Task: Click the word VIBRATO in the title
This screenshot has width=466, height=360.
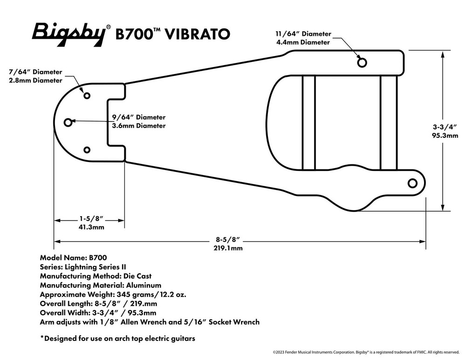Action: pyautogui.click(x=197, y=34)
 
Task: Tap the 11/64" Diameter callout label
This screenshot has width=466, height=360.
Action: pyautogui.click(x=303, y=34)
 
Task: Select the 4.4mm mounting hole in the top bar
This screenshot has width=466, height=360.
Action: pyautogui.click(x=362, y=63)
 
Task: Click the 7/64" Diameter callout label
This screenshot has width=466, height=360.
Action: pyautogui.click(x=35, y=72)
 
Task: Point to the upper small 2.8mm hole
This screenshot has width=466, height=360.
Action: pyautogui.click(x=87, y=95)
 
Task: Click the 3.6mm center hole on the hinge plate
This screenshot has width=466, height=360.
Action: pyautogui.click(x=68, y=122)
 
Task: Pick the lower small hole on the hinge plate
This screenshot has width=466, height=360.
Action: pyautogui.click(x=87, y=149)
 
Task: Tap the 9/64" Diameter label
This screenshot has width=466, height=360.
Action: pyautogui.click(x=139, y=117)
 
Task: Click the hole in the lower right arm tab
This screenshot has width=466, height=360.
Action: pyautogui.click(x=412, y=183)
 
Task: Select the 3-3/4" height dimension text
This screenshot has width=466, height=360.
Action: pyautogui.click(x=445, y=127)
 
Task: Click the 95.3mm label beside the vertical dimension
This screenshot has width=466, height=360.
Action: pyautogui.click(x=445, y=136)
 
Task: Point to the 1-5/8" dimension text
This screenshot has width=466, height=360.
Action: pyautogui.click(x=91, y=219)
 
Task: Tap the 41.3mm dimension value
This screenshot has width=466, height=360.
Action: pyautogui.click(x=91, y=227)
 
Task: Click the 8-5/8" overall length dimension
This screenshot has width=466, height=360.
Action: pyautogui.click(x=228, y=239)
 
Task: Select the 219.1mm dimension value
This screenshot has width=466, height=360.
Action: pyautogui.click(x=228, y=248)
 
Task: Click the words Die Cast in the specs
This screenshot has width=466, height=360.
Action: pyautogui.click(x=137, y=276)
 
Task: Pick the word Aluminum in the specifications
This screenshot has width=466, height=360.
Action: pyautogui.click(x=144, y=285)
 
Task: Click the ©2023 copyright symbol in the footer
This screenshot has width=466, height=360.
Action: pyautogui.click(x=274, y=352)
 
